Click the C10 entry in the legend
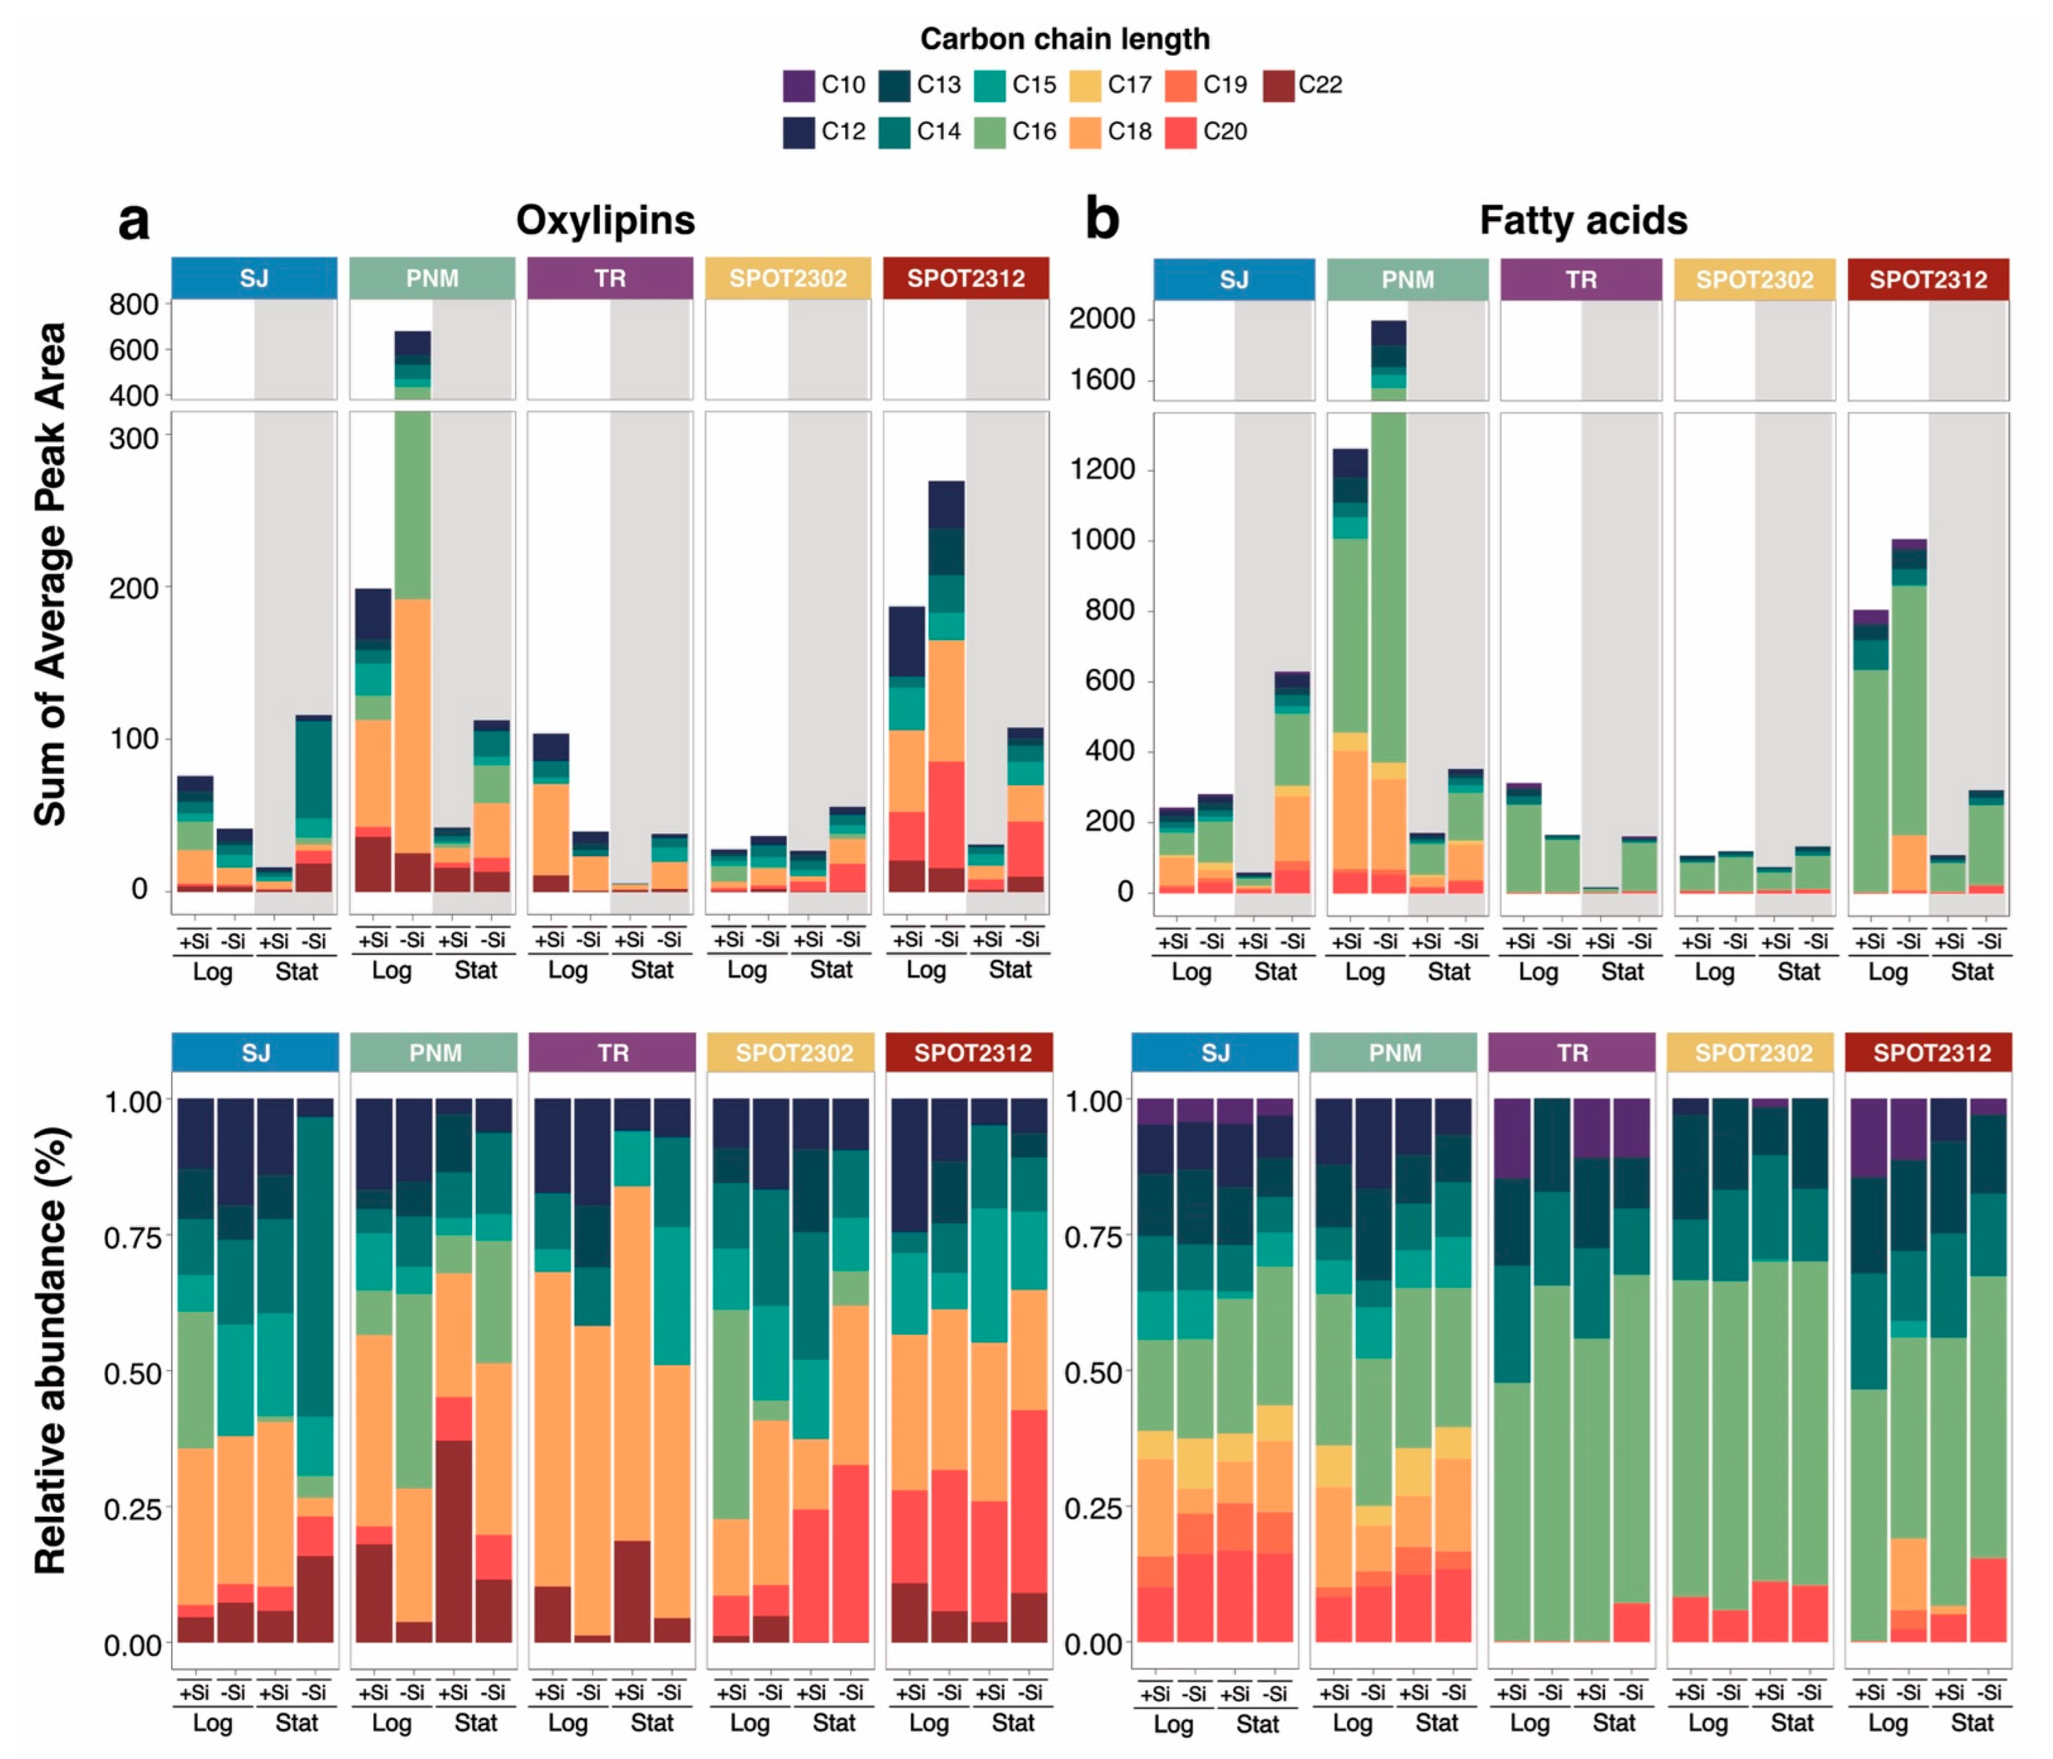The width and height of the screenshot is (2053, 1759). point(824,85)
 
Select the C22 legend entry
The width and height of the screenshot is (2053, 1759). point(1303,85)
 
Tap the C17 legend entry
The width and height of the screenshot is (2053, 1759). point(1112,85)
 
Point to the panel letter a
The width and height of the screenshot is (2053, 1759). point(134,220)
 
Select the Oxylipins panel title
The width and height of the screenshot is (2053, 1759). point(605,220)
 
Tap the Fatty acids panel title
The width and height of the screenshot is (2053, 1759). point(1582,220)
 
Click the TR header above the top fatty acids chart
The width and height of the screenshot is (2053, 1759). point(1580,280)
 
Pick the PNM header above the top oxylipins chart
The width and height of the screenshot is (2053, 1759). point(432,279)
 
